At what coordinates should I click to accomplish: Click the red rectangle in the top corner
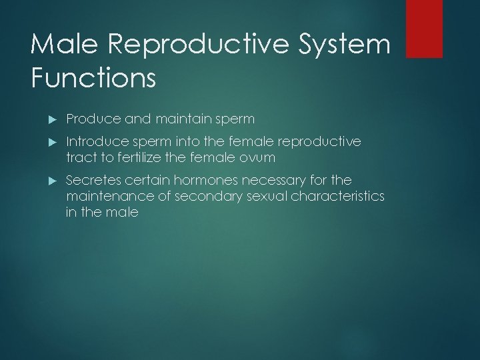point(424,28)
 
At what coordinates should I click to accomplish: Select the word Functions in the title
point(93,77)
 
